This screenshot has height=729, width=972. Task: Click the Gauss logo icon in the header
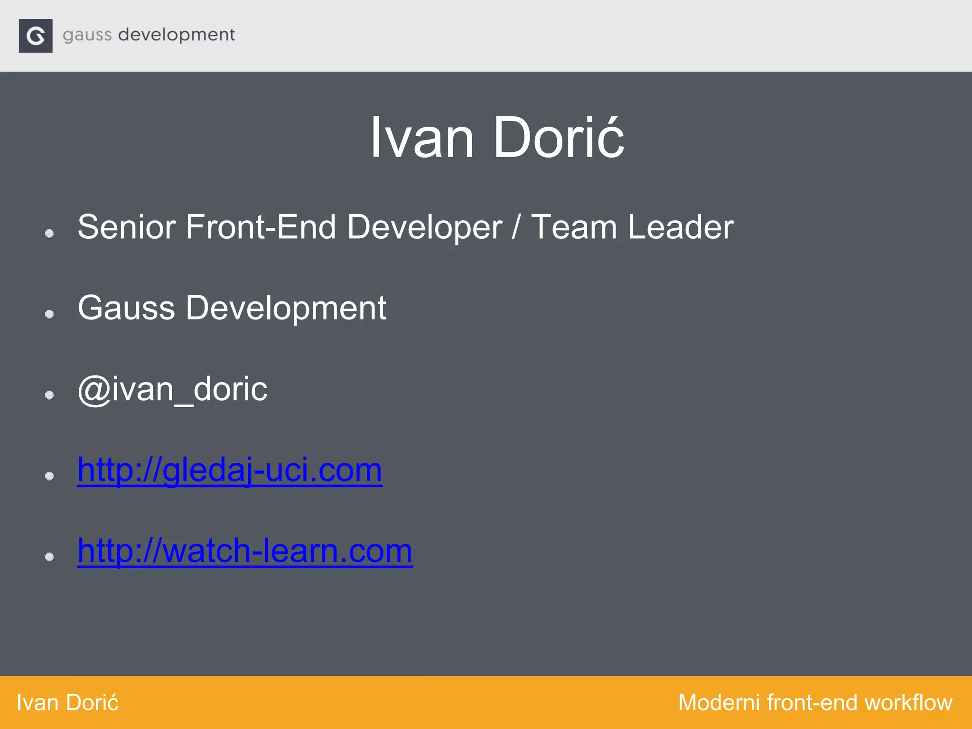tap(36, 36)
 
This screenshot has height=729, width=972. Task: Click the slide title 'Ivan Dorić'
tap(496, 138)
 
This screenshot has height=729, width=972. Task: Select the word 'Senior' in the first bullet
tap(126, 227)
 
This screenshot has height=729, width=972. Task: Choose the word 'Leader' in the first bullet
tap(681, 227)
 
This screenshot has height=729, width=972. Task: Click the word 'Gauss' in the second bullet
tap(126, 308)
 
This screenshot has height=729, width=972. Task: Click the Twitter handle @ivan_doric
tap(172, 389)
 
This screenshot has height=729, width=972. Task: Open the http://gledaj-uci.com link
tap(230, 470)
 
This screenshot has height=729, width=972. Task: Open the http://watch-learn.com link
tap(245, 551)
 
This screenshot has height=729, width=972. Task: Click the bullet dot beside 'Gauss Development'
tap(49, 314)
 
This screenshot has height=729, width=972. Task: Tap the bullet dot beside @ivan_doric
tap(49, 395)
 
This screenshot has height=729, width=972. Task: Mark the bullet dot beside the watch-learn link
tap(49, 557)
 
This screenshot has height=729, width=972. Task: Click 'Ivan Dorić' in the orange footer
tap(67, 702)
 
